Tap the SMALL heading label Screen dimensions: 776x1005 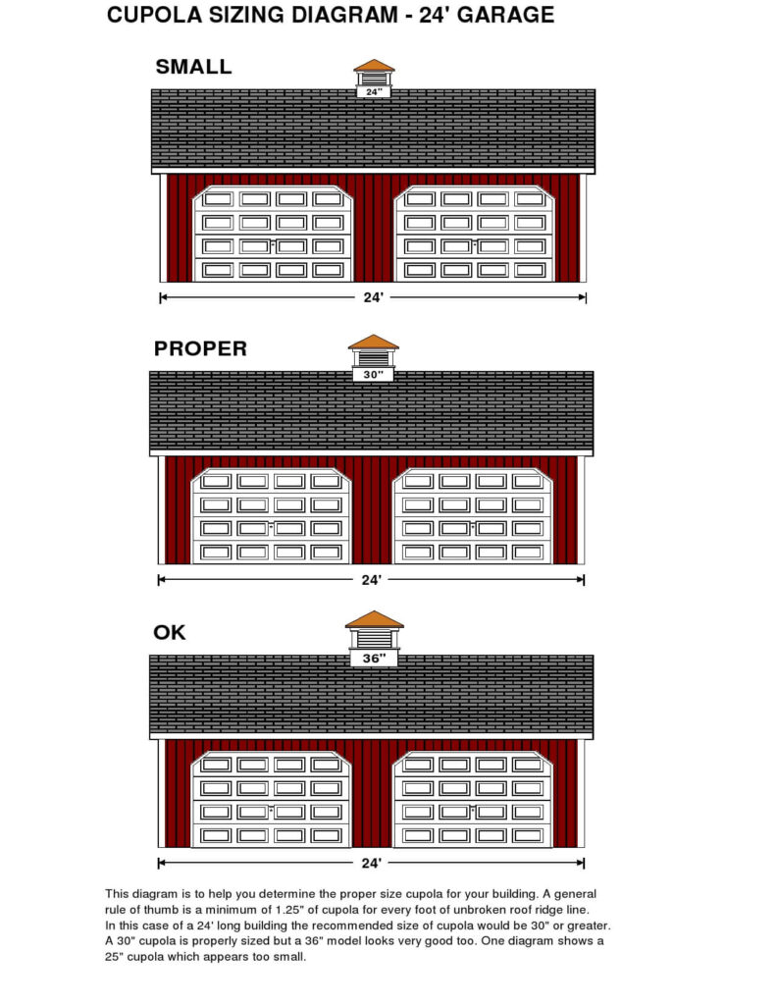pyautogui.click(x=193, y=67)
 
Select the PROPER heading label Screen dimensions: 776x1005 pyautogui.click(x=200, y=348)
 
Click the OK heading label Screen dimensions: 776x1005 pyautogui.click(x=169, y=633)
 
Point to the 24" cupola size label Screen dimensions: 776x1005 pyautogui.click(x=374, y=91)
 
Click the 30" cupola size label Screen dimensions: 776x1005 pyautogui.click(x=373, y=374)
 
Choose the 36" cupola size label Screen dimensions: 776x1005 pyautogui.click(x=374, y=659)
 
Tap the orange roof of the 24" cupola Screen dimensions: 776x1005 pyautogui.click(x=374, y=66)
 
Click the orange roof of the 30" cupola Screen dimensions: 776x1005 pyautogui.click(x=374, y=342)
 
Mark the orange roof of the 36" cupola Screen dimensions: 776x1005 pyautogui.click(x=374, y=619)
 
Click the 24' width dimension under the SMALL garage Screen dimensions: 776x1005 pyautogui.click(x=373, y=297)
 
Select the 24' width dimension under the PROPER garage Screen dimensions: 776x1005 pyautogui.click(x=372, y=580)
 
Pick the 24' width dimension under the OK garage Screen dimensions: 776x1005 pyautogui.click(x=372, y=864)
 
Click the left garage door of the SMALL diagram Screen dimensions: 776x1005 pyautogui.click(x=273, y=234)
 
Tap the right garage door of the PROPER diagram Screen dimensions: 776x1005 pyautogui.click(x=472, y=516)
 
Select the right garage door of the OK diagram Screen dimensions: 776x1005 pyautogui.click(x=472, y=800)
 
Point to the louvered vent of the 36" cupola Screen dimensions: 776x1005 pyautogui.click(x=374, y=639)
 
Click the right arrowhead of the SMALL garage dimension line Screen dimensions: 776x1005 pyautogui.click(x=583, y=297)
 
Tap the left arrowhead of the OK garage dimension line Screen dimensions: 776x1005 pyautogui.click(x=162, y=864)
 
